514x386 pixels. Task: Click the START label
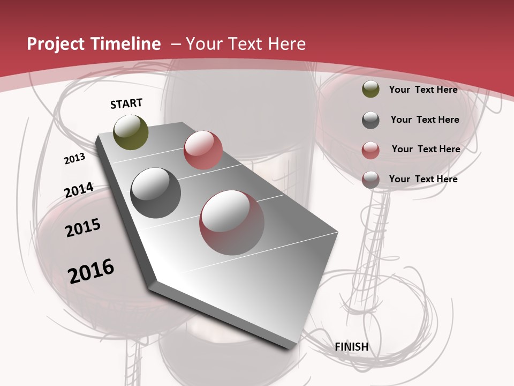coord(126,103)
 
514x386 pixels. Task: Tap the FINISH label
coord(352,347)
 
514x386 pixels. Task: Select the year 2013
coord(74,159)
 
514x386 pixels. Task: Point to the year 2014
coord(79,190)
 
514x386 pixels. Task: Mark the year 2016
coord(91,271)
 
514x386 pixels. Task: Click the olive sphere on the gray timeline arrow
coord(131,132)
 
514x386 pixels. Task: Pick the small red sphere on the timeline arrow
coord(203,150)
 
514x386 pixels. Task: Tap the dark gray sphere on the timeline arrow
coord(155,193)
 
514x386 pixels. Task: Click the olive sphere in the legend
coord(371,90)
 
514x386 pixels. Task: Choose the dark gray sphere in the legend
coord(371,120)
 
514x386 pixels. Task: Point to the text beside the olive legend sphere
coord(423,90)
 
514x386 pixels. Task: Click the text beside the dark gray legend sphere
coord(425,120)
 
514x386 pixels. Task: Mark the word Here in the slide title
coord(286,44)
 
